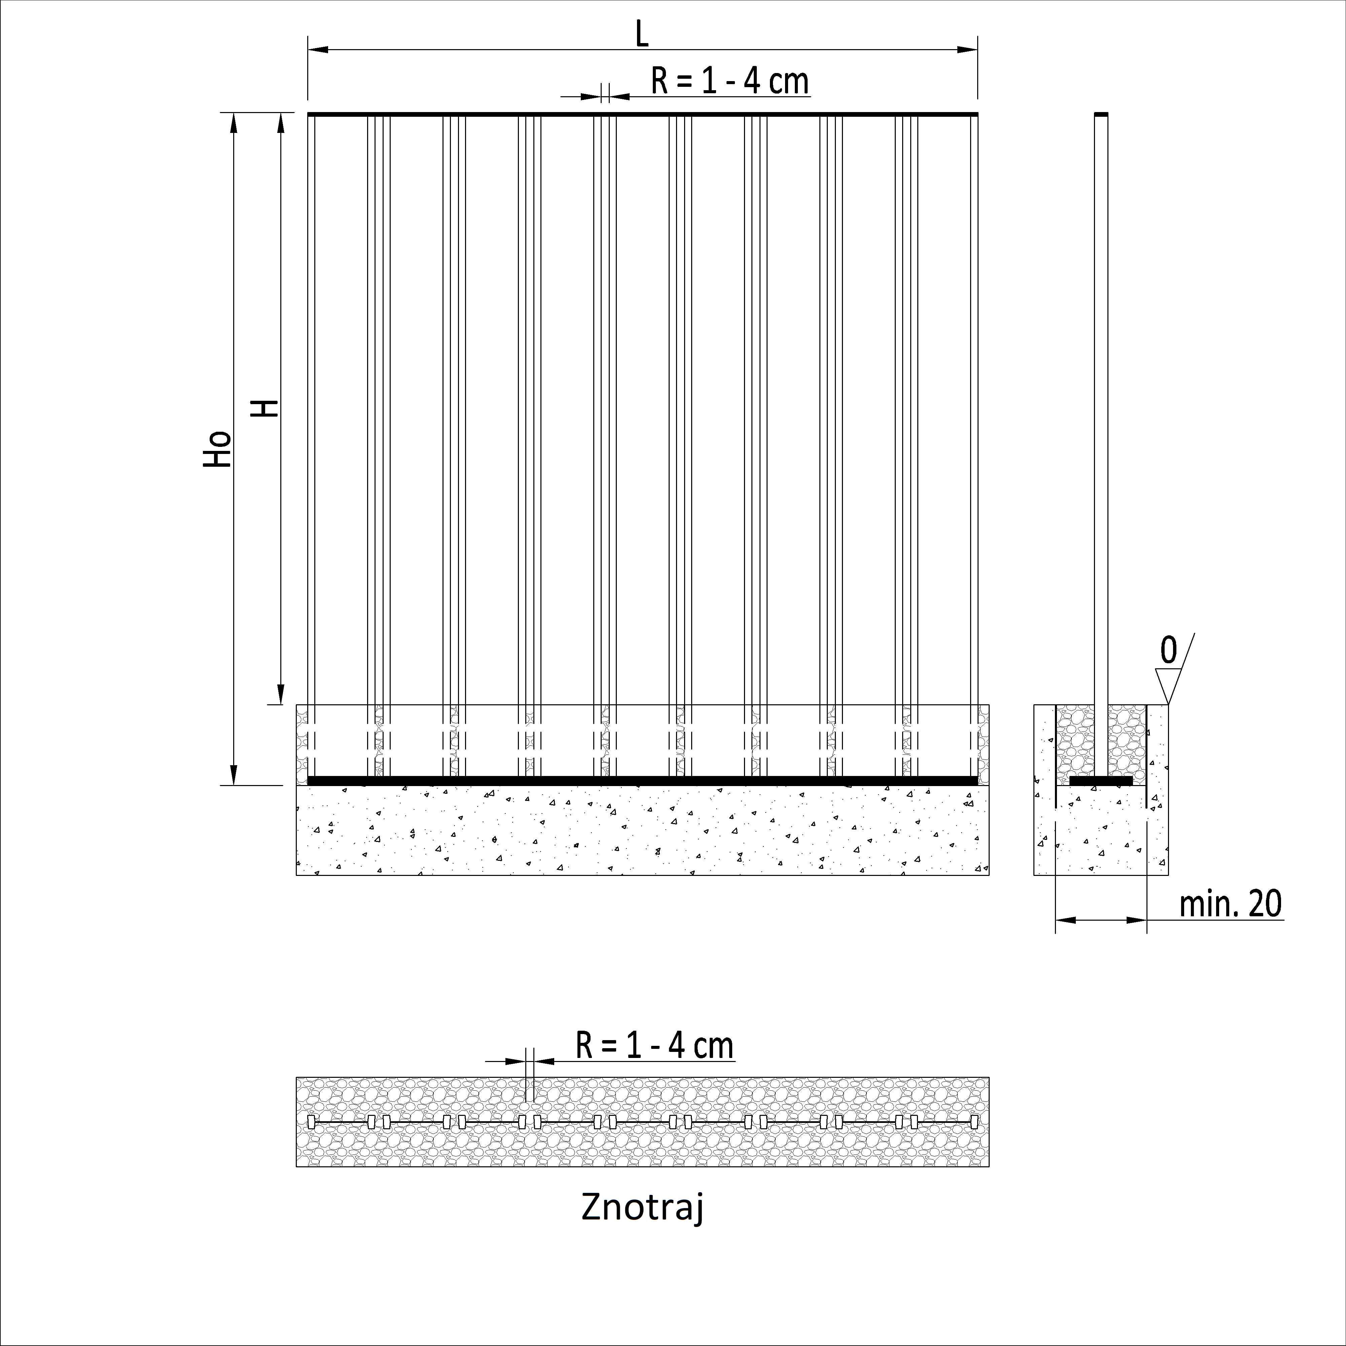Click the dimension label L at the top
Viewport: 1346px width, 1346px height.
[x=642, y=34]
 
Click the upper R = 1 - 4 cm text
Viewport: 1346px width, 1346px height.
[x=730, y=81]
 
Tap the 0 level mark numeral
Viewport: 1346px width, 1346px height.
[x=1168, y=650]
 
